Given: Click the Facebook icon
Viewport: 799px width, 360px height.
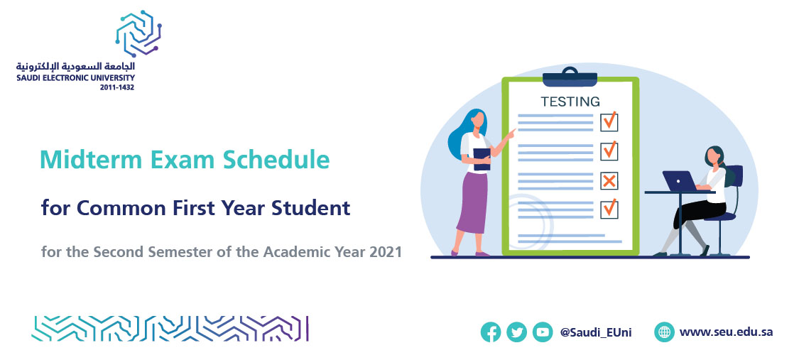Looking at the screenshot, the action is (x=491, y=332).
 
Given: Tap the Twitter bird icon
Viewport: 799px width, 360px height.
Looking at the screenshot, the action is (x=517, y=332).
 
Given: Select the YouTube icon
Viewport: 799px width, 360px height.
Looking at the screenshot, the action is (x=543, y=332).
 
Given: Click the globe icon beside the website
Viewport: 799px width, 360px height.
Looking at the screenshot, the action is (x=665, y=332).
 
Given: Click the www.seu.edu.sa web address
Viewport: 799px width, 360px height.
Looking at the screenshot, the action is (x=726, y=332).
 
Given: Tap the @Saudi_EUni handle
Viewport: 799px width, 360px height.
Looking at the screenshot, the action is (x=596, y=332).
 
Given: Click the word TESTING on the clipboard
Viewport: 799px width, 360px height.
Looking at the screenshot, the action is (x=570, y=102).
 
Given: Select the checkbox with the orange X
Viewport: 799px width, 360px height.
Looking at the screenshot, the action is (x=609, y=181).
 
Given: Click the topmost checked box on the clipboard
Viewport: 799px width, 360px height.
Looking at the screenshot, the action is (x=609, y=121).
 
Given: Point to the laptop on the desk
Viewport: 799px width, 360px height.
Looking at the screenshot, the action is (x=680, y=181).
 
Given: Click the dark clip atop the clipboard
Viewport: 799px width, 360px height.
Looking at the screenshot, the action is (x=570, y=77).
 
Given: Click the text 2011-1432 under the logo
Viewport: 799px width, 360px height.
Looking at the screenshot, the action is (x=117, y=87).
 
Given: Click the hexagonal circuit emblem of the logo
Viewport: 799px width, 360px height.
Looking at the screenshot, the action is (x=138, y=33).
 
